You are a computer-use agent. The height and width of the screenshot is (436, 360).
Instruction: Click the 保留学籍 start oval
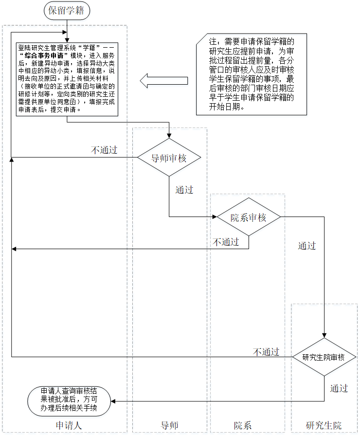point(67,11)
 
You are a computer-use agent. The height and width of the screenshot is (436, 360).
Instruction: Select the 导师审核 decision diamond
point(169,158)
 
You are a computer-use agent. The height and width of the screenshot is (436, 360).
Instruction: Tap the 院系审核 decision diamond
point(249,217)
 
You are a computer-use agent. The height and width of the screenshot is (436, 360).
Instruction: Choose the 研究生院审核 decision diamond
point(324,357)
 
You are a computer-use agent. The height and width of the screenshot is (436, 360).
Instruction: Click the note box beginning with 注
point(252,74)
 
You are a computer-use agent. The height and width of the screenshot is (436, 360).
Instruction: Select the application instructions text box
point(67,78)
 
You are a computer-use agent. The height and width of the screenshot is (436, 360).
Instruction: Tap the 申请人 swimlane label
point(69,425)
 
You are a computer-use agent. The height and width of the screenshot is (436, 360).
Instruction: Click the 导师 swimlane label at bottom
point(169,425)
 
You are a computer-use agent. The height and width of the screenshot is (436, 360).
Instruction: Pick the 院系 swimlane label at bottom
point(242,425)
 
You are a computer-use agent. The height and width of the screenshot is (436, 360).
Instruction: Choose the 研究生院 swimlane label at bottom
point(324,425)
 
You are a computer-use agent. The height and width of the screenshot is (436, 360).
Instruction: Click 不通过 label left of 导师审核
point(104,150)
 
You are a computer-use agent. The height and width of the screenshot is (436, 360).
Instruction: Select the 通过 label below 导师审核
point(184,190)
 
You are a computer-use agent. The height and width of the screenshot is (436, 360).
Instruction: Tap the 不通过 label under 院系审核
point(226,242)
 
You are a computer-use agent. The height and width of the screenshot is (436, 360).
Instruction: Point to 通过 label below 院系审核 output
point(307,246)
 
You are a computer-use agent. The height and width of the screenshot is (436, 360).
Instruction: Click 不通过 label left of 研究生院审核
point(266,351)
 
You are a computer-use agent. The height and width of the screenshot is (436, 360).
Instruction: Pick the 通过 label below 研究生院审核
point(339,388)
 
